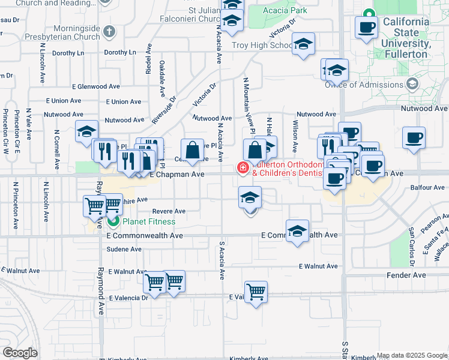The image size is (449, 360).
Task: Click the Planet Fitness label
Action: coord(149,222)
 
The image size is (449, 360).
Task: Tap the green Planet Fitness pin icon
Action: coord(113,222)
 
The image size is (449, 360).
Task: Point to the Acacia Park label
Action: coord(285,10)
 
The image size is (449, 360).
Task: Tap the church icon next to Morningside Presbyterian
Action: coord(109,31)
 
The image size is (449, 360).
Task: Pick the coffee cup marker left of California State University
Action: coord(366,26)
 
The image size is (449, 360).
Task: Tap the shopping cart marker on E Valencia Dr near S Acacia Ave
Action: coord(256,292)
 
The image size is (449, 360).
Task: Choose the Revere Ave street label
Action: coord(169,211)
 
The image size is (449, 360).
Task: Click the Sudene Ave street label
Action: coord(124,249)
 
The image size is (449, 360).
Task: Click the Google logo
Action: coord(20,353)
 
